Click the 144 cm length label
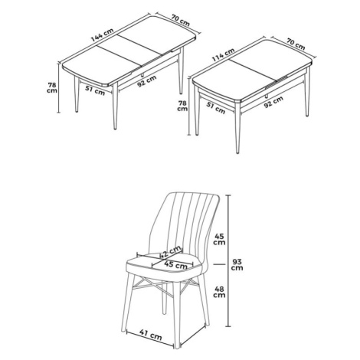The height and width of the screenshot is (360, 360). [102, 35]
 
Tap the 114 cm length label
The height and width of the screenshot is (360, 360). [223, 54]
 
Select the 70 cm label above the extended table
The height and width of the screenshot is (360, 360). [181, 21]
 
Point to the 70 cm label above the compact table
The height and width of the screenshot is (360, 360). [296, 44]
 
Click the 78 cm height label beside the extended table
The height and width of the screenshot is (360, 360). [52, 87]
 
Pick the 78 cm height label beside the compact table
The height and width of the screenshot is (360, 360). [182, 106]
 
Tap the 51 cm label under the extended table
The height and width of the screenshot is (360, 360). [95, 90]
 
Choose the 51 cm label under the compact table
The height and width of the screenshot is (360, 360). [216, 108]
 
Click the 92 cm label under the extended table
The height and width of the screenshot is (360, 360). [146, 81]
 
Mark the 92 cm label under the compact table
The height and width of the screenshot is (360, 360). [273, 102]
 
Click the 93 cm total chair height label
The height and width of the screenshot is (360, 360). [237, 265]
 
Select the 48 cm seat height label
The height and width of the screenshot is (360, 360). [219, 292]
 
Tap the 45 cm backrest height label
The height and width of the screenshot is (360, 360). [219, 239]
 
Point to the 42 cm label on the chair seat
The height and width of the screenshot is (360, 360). [171, 252]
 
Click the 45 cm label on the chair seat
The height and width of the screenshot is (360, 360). [175, 264]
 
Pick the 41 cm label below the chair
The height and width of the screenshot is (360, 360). [151, 335]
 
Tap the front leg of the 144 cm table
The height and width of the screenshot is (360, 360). [115, 106]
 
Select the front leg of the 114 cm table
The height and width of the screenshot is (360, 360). [237, 128]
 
